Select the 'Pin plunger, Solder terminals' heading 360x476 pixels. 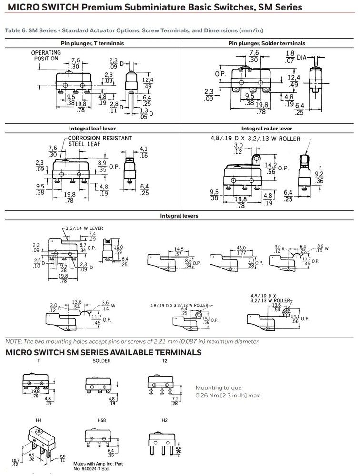269,43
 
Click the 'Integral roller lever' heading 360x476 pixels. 270,129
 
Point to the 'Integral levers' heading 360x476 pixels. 180,216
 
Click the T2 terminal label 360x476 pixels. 151,361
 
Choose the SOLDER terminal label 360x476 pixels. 101,361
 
